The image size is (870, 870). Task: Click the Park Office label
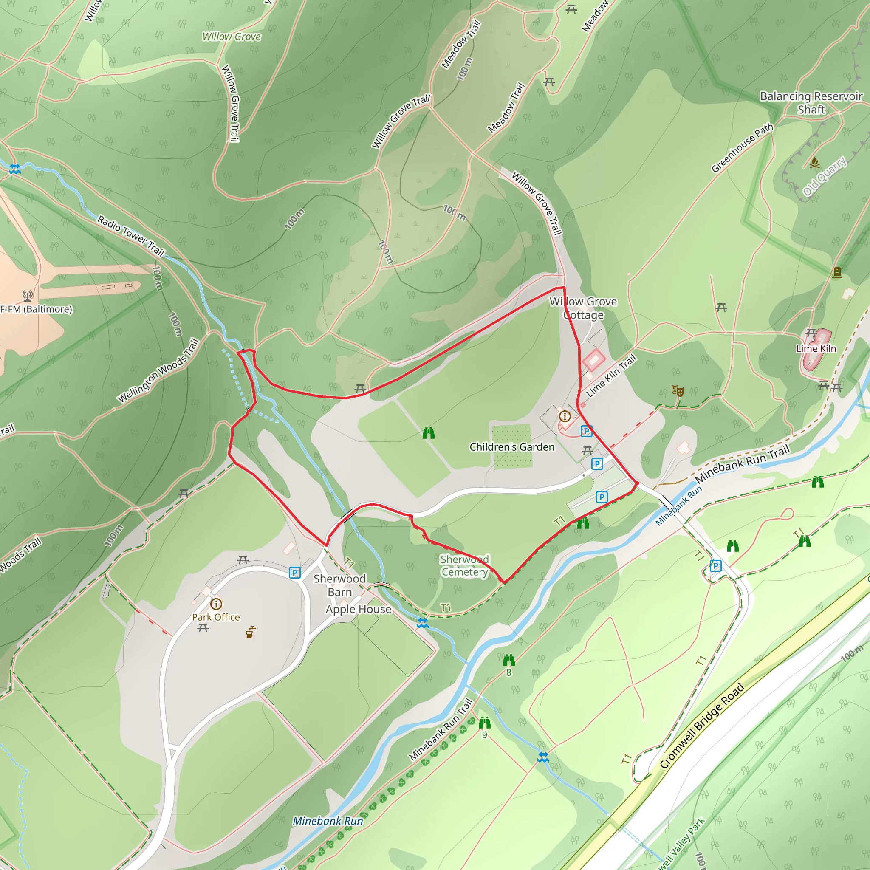tap(216, 617)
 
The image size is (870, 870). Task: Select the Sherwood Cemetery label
tap(464, 565)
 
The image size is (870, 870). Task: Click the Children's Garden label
tap(512, 447)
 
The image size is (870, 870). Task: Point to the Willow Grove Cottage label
tap(583, 308)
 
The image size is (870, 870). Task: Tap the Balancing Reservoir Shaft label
tap(811, 103)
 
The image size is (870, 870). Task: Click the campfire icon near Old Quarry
tap(814, 162)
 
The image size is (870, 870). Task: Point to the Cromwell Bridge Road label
tap(702, 726)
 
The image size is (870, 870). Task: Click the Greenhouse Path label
tap(742, 148)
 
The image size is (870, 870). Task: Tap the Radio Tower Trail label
tap(131, 235)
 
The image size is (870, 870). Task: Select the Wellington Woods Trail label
tap(158, 370)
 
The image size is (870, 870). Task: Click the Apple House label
tap(359, 609)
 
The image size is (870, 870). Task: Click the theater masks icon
tap(677, 390)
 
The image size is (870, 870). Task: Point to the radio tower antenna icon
tap(28, 295)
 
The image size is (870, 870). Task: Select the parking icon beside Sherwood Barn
tap(294, 572)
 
